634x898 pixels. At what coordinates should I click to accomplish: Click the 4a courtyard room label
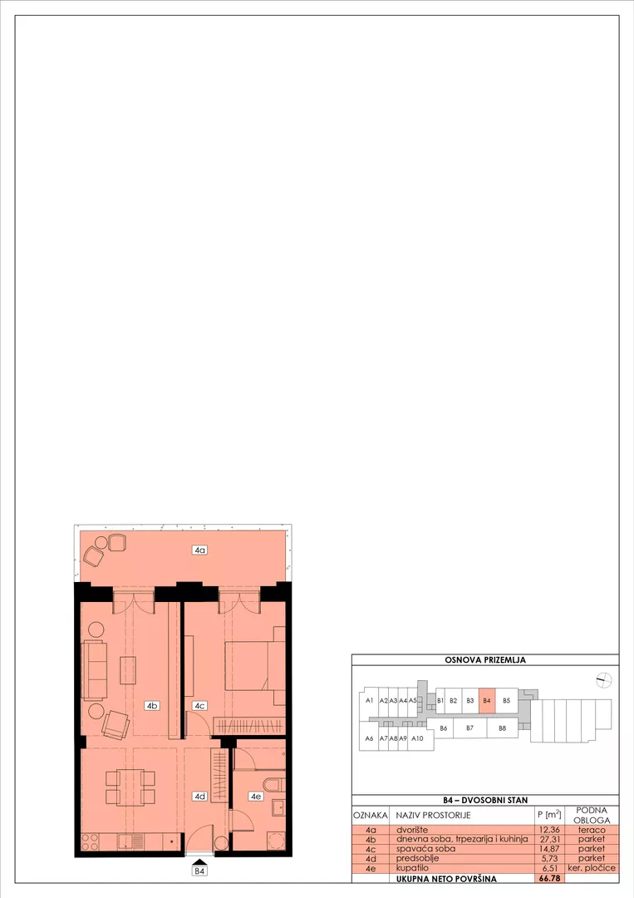tap(199, 550)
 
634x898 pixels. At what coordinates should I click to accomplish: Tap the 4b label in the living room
tap(151, 706)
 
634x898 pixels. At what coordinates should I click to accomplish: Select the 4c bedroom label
tap(199, 706)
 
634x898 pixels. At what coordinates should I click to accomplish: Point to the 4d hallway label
tap(199, 796)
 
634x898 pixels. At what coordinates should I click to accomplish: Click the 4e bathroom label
tap(255, 796)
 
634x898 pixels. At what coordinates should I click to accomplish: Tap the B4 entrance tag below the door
tap(199, 871)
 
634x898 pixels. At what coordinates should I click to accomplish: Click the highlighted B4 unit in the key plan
tap(486, 700)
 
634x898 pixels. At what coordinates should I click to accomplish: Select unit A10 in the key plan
tap(417, 738)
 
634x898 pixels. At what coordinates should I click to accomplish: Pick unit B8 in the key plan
tap(503, 728)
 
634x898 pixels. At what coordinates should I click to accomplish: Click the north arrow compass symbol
tap(604, 680)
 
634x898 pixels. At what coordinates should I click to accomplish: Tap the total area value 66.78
tap(548, 878)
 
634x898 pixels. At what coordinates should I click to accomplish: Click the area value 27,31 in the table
tap(548, 839)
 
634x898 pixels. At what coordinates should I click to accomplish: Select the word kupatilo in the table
tap(412, 867)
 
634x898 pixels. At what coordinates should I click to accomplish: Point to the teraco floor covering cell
tap(592, 829)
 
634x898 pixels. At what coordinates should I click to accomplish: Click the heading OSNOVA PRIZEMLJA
tap(485, 659)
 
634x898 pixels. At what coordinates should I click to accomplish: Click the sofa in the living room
tap(95, 670)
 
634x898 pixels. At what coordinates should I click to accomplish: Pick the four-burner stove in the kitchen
tap(91, 841)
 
